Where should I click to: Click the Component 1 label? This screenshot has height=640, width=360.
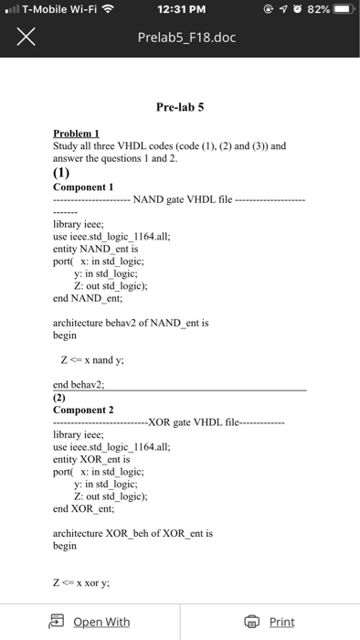pos(83,186)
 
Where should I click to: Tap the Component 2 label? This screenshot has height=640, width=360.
pos(83,410)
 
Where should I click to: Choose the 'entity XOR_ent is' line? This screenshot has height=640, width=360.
pos(93,460)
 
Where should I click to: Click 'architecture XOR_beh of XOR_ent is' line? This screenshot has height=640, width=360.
pos(132,531)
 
